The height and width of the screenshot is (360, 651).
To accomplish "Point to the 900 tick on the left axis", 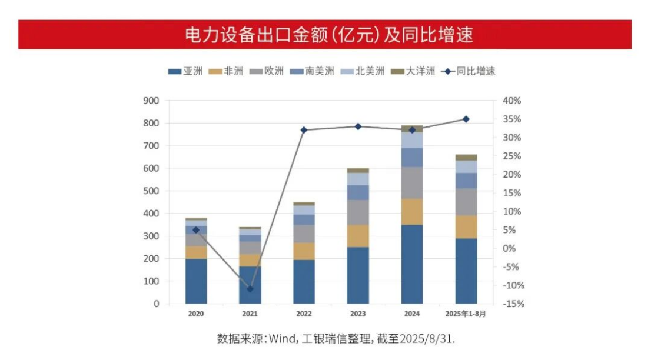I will [151, 101].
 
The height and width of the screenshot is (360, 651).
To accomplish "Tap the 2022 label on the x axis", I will [304, 314].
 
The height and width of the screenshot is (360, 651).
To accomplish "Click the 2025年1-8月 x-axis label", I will [466, 314].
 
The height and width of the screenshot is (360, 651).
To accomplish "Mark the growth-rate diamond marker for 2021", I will [250, 289].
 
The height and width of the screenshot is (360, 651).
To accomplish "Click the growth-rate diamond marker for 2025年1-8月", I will [466, 119].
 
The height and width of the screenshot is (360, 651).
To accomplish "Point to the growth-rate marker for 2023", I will [358, 126].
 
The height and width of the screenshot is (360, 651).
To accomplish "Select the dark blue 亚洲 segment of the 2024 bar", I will [412, 264].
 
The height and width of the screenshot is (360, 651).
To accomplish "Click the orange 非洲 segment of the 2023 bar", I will [358, 236].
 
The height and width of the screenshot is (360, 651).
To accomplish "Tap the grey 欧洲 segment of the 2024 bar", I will [412, 183].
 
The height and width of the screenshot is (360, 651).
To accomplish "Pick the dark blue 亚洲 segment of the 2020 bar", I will [196, 281].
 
